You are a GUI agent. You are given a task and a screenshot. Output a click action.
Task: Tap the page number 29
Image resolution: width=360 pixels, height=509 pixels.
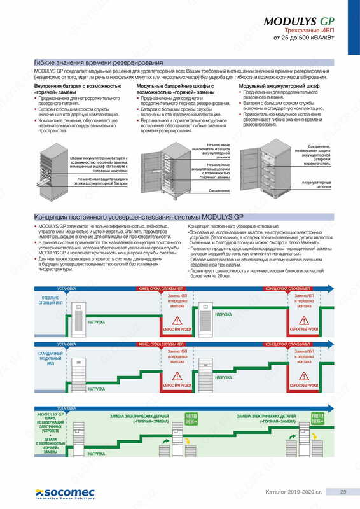tap(343, 491)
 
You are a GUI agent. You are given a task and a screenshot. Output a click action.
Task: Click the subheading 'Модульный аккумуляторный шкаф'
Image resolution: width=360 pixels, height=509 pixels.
tap(265, 85)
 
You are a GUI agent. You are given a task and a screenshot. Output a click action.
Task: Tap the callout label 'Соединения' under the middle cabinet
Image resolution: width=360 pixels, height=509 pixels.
tap(219, 190)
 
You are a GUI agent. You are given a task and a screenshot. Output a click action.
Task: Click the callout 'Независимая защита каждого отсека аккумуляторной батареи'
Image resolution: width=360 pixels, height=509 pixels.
tap(101, 181)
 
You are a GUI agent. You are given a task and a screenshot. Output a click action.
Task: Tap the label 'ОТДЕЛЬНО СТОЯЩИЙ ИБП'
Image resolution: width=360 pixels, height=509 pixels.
tap(51, 300)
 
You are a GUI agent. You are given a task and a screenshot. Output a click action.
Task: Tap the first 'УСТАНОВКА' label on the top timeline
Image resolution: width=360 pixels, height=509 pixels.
tap(67, 288)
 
